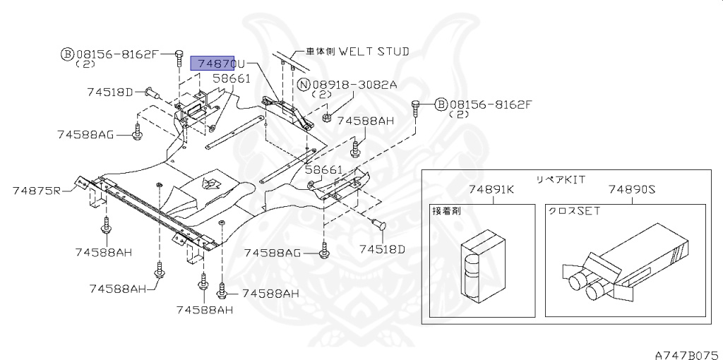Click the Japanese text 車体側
(x=321, y=52)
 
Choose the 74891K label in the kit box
(x=491, y=189)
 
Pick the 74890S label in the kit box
(x=632, y=189)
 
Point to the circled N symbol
(x=304, y=85)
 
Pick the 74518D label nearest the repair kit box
(x=382, y=248)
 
